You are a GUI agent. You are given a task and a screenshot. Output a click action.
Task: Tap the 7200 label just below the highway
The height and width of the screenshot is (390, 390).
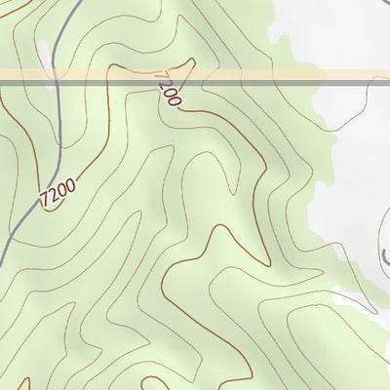pos(168,89)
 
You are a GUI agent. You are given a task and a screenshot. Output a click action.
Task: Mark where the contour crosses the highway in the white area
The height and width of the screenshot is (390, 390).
pos(369,77)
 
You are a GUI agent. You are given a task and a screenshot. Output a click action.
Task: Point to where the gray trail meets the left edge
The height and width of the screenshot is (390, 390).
pos(2,255)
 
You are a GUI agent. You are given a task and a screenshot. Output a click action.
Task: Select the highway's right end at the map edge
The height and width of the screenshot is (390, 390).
pos(387,77)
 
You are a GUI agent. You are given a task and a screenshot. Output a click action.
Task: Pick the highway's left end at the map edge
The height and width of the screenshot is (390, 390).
pos(2,77)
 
